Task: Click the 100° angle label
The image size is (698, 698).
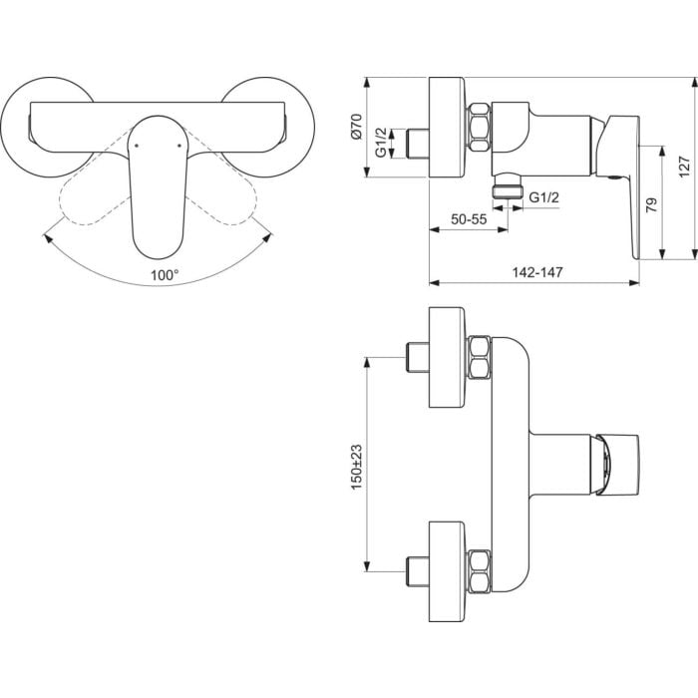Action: pos(165,275)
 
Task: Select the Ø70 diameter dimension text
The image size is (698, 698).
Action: pos(357,127)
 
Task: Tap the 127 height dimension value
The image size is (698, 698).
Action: pos(684,167)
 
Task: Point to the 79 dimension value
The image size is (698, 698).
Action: pos(651,204)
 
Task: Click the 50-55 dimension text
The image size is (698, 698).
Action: pos(469,219)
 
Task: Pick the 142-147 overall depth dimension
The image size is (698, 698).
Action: pos(537,272)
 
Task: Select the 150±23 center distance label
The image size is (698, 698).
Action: pos(357,467)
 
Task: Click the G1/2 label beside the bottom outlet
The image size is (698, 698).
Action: pos(543,196)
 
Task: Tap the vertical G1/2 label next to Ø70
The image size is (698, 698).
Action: pos(381,143)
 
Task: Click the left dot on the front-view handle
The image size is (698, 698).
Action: pos(137,146)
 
